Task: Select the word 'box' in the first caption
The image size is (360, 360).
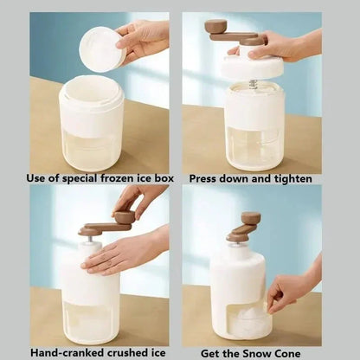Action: [x=164, y=178]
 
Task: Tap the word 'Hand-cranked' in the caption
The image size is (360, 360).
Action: [x=67, y=352]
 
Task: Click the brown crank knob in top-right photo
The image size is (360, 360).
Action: [x=215, y=27]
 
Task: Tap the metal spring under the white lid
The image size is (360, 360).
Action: [x=254, y=84]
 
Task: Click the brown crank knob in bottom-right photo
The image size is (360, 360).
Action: [x=251, y=218]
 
